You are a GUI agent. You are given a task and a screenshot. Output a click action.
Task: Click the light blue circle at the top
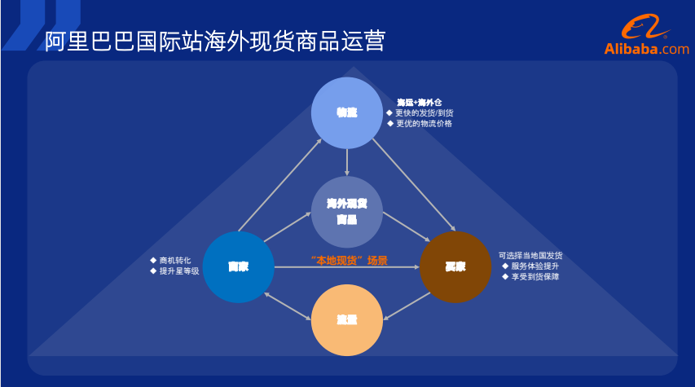347,112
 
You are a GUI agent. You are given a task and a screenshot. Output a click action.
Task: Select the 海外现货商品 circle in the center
347,212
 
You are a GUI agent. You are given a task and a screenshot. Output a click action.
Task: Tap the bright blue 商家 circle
238,267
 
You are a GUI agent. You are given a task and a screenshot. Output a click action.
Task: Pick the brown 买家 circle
455,267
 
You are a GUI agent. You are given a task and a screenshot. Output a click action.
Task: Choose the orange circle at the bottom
347,320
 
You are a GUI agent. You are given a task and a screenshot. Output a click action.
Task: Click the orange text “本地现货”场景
349,261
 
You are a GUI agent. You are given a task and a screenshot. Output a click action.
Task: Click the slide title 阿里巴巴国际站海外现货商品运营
215,41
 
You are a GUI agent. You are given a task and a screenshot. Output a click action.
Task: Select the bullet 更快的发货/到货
424,112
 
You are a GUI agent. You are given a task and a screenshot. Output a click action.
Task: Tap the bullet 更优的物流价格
423,124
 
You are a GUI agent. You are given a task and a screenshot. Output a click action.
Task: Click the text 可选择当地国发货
530,255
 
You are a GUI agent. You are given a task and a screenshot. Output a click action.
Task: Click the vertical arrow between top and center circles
347,161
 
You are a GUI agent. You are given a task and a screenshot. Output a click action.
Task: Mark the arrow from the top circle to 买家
413,183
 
